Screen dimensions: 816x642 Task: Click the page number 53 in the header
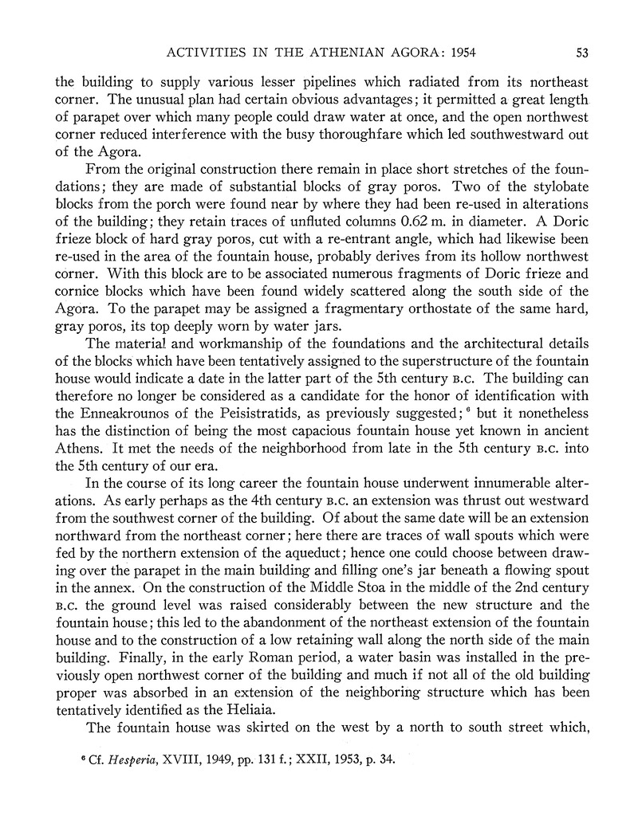[x=581, y=53]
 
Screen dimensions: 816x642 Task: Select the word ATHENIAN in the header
[x=290, y=53]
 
